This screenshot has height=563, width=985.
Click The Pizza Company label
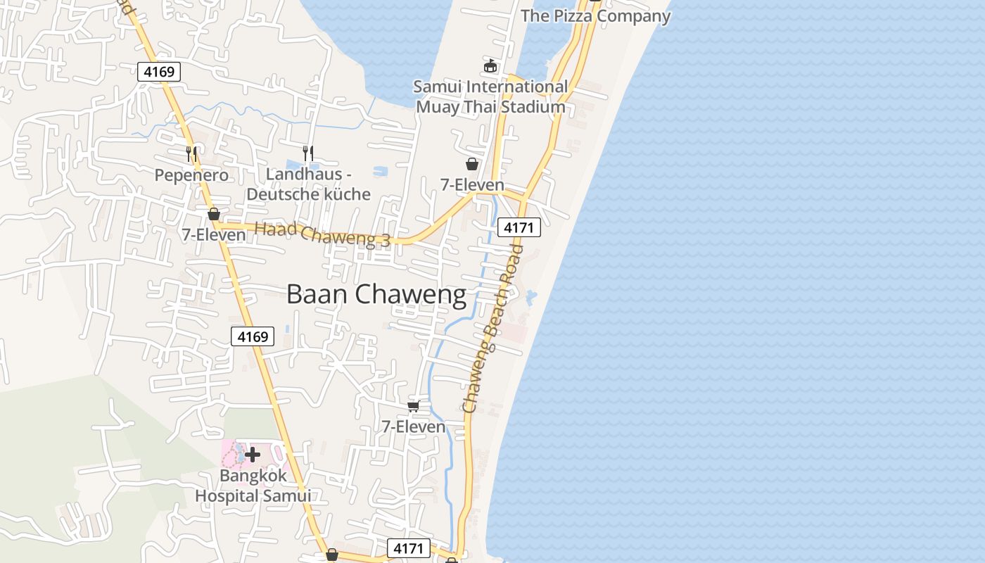(595, 15)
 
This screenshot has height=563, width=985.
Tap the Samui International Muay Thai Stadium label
(490, 96)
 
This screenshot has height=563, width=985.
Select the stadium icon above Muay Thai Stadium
(490, 65)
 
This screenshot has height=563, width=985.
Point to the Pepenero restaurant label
(191, 175)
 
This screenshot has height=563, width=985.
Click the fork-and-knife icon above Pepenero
(191, 152)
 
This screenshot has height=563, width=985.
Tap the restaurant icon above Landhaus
(307, 152)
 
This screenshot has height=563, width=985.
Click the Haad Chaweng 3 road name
(322, 233)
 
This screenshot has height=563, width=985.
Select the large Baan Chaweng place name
(376, 294)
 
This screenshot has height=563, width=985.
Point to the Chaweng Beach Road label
(493, 329)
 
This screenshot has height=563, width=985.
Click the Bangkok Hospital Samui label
(253, 485)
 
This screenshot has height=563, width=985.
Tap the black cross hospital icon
(253, 455)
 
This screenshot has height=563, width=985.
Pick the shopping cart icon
(414, 406)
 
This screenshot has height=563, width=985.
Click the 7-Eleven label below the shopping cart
(414, 426)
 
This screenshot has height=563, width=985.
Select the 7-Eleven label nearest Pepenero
(214, 235)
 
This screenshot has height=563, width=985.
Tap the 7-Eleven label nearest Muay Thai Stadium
(472, 184)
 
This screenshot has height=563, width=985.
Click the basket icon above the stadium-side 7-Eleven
(472, 164)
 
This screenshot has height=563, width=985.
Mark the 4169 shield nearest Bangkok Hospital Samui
(253, 336)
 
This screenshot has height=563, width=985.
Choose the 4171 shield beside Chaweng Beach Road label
(519, 227)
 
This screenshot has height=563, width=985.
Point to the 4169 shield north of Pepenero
(160, 71)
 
